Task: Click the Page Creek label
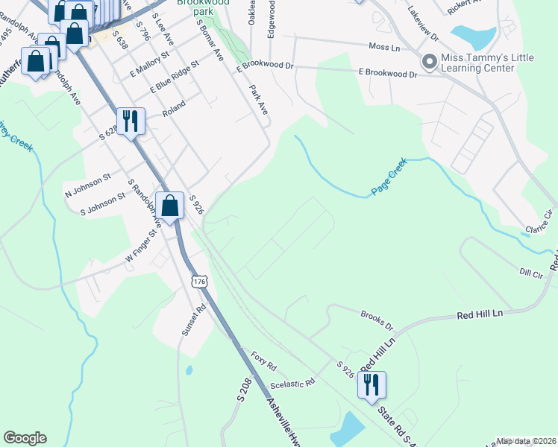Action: (x=389, y=177)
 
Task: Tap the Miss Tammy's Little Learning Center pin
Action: (x=429, y=62)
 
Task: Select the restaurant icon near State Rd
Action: (x=370, y=385)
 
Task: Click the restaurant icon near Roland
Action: (x=131, y=121)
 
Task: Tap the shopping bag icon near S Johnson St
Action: (x=170, y=205)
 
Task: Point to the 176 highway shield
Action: (x=198, y=281)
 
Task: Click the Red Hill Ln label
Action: (x=480, y=314)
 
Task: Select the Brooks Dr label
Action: (x=377, y=320)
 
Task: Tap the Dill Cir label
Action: (x=530, y=273)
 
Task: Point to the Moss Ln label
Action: (x=385, y=47)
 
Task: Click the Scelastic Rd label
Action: (x=292, y=383)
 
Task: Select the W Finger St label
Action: (x=140, y=245)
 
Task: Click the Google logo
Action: (x=25, y=438)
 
